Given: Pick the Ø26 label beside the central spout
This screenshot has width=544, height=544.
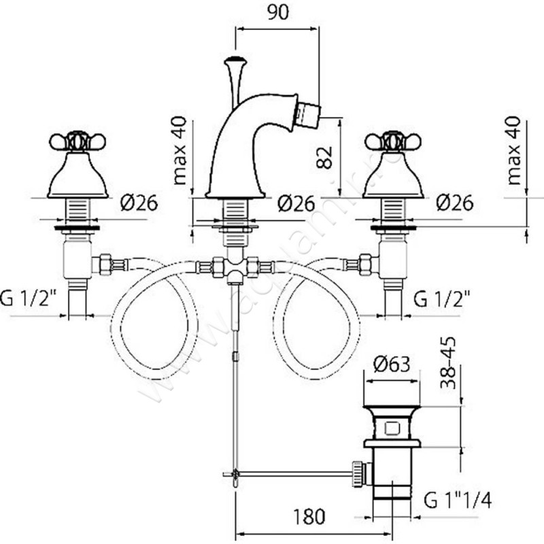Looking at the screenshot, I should pyautogui.click(x=296, y=202).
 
